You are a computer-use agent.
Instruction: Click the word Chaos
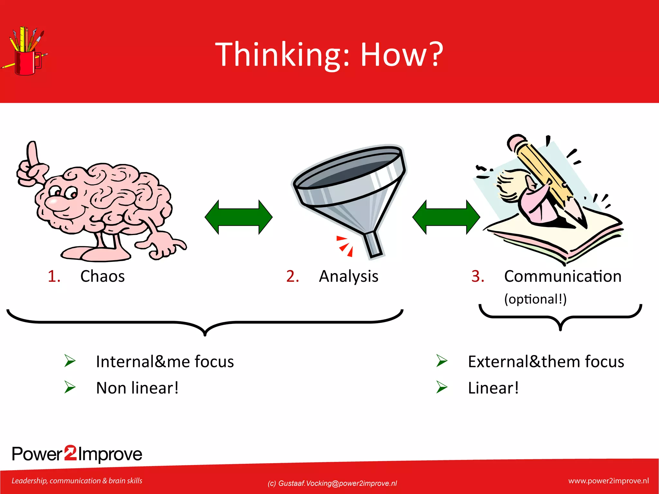coord(102,276)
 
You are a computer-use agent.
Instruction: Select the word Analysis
coord(348,277)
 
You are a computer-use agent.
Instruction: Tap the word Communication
coord(562,276)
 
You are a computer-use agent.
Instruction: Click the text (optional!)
coord(535,299)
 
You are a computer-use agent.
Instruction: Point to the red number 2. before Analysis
coord(292,276)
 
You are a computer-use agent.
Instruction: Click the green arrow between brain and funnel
coord(238,217)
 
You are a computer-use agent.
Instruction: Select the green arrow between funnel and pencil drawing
coord(446,217)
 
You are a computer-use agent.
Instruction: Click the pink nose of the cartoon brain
coord(52,202)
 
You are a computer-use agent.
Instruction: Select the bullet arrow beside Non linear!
coord(70,387)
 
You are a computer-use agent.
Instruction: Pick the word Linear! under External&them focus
coord(493,388)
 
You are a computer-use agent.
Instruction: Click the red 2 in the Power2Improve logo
coord(70,453)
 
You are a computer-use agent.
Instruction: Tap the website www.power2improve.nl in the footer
coord(608,481)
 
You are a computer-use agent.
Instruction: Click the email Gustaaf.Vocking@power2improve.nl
coord(337,483)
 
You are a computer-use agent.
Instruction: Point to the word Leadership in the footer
coord(29,481)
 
